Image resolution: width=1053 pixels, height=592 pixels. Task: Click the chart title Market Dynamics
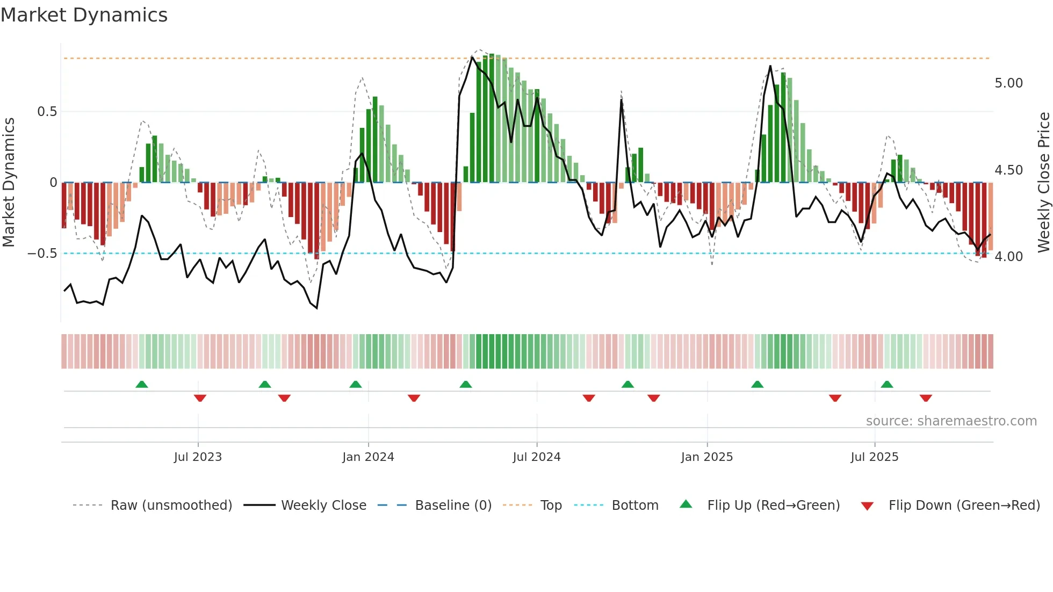pos(84,15)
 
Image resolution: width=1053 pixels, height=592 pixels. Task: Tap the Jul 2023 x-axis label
pos(198,457)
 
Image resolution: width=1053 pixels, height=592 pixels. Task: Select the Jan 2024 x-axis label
pos(368,457)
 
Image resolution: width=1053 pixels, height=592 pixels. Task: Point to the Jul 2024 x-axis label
pos(536,457)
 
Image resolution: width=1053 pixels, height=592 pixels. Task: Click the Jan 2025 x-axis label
pos(706,457)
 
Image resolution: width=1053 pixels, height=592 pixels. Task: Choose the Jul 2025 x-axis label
pos(874,457)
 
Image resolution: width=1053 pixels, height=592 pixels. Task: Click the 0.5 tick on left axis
pos(47,112)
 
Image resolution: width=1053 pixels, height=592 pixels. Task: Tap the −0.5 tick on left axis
pos(42,254)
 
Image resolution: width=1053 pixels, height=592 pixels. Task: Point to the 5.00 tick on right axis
pos(1008,83)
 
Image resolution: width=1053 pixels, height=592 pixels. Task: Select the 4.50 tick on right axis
pos(1008,170)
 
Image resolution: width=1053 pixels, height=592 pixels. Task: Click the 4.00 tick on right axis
pos(1008,257)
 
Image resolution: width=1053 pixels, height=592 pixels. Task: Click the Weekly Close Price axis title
pos(1043,182)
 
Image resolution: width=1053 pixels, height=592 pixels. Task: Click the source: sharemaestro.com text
pos(951,421)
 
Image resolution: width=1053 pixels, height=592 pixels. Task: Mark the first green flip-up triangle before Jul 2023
pos(141,385)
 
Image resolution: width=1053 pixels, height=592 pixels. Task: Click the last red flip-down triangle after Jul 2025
pos(925,398)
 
